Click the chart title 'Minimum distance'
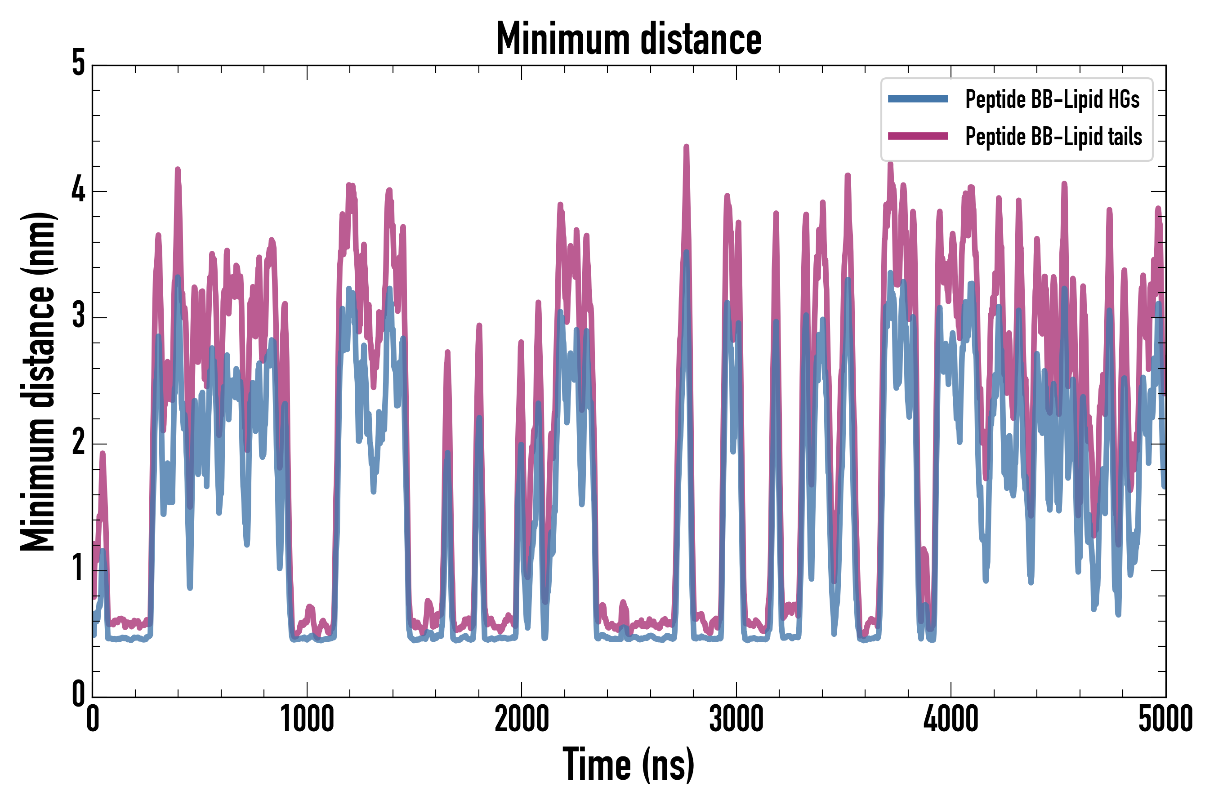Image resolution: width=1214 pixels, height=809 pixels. (628, 39)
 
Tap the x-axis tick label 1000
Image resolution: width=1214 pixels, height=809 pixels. (307, 719)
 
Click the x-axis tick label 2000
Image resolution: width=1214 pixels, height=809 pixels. (521, 719)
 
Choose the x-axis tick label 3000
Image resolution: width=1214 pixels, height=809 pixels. (736, 719)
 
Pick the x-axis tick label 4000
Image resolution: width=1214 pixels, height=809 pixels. (951, 719)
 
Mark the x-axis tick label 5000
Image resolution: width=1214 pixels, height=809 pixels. (1165, 719)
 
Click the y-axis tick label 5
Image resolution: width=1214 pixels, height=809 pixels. (78, 64)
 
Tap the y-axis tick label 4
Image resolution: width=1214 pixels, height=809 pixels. (78, 191)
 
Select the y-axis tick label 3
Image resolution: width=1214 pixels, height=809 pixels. (78, 316)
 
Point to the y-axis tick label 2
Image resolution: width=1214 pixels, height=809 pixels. (78, 443)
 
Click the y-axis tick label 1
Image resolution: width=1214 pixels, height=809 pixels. (78, 569)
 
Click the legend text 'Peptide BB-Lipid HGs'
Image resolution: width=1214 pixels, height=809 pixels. (1052, 99)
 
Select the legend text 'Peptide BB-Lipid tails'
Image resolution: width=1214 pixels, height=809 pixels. (1053, 137)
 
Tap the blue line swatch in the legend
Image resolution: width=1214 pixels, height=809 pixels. (918, 99)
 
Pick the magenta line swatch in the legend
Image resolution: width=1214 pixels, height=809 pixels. (918, 136)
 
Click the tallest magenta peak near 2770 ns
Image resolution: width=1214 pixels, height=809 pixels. (687, 147)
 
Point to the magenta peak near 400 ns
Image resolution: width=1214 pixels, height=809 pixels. (178, 170)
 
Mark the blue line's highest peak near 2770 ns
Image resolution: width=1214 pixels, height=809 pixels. (686, 253)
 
